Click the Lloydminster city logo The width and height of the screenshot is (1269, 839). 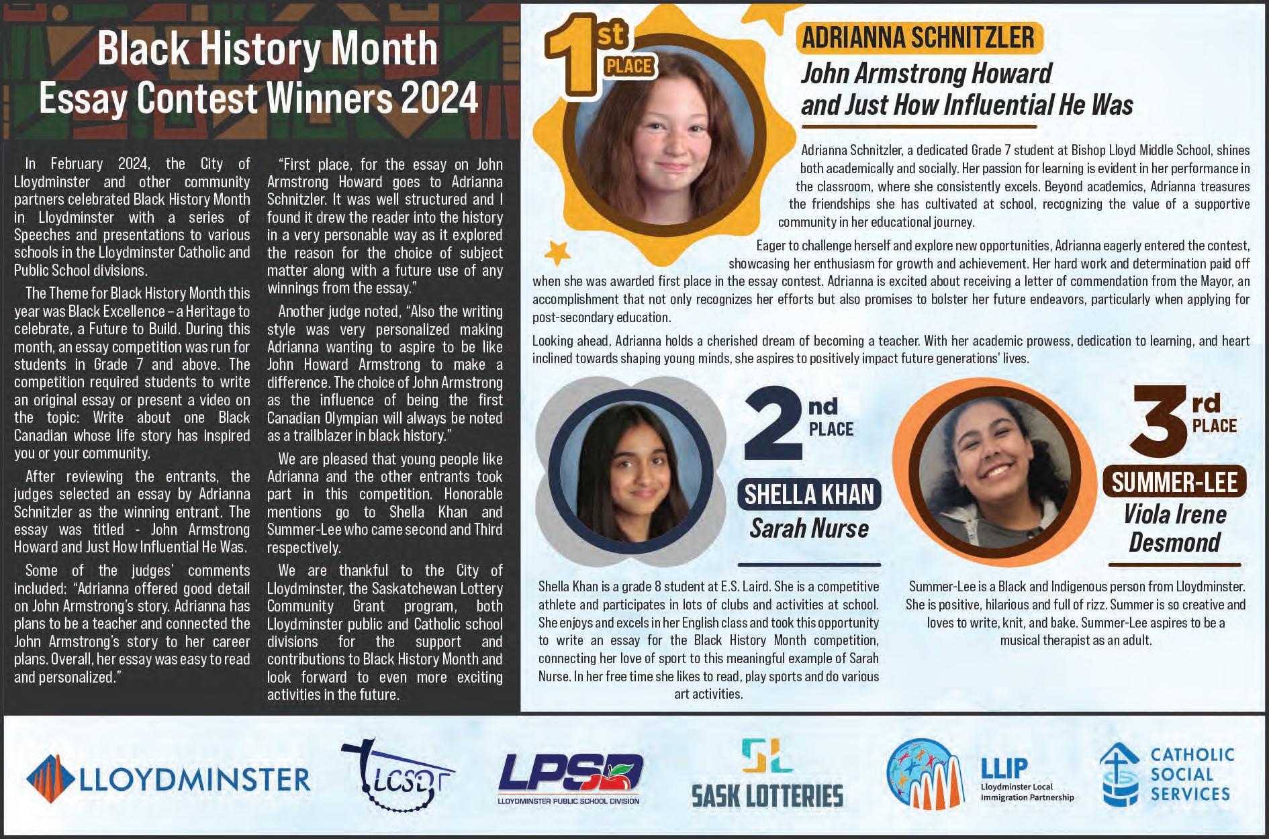[x=168, y=779]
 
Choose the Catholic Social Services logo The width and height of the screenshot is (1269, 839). [x=1167, y=775]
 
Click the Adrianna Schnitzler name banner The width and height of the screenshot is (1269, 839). [x=918, y=38]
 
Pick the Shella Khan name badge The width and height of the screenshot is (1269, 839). [x=809, y=495]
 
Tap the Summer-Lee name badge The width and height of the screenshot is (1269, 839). [x=1174, y=483]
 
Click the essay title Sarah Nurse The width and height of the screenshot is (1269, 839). [x=809, y=529]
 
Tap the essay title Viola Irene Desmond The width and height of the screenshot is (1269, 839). [x=1174, y=528]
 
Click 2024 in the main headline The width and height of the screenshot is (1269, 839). [x=440, y=99]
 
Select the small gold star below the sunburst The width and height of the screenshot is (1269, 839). [x=557, y=253]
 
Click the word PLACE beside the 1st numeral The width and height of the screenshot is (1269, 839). [x=628, y=66]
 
